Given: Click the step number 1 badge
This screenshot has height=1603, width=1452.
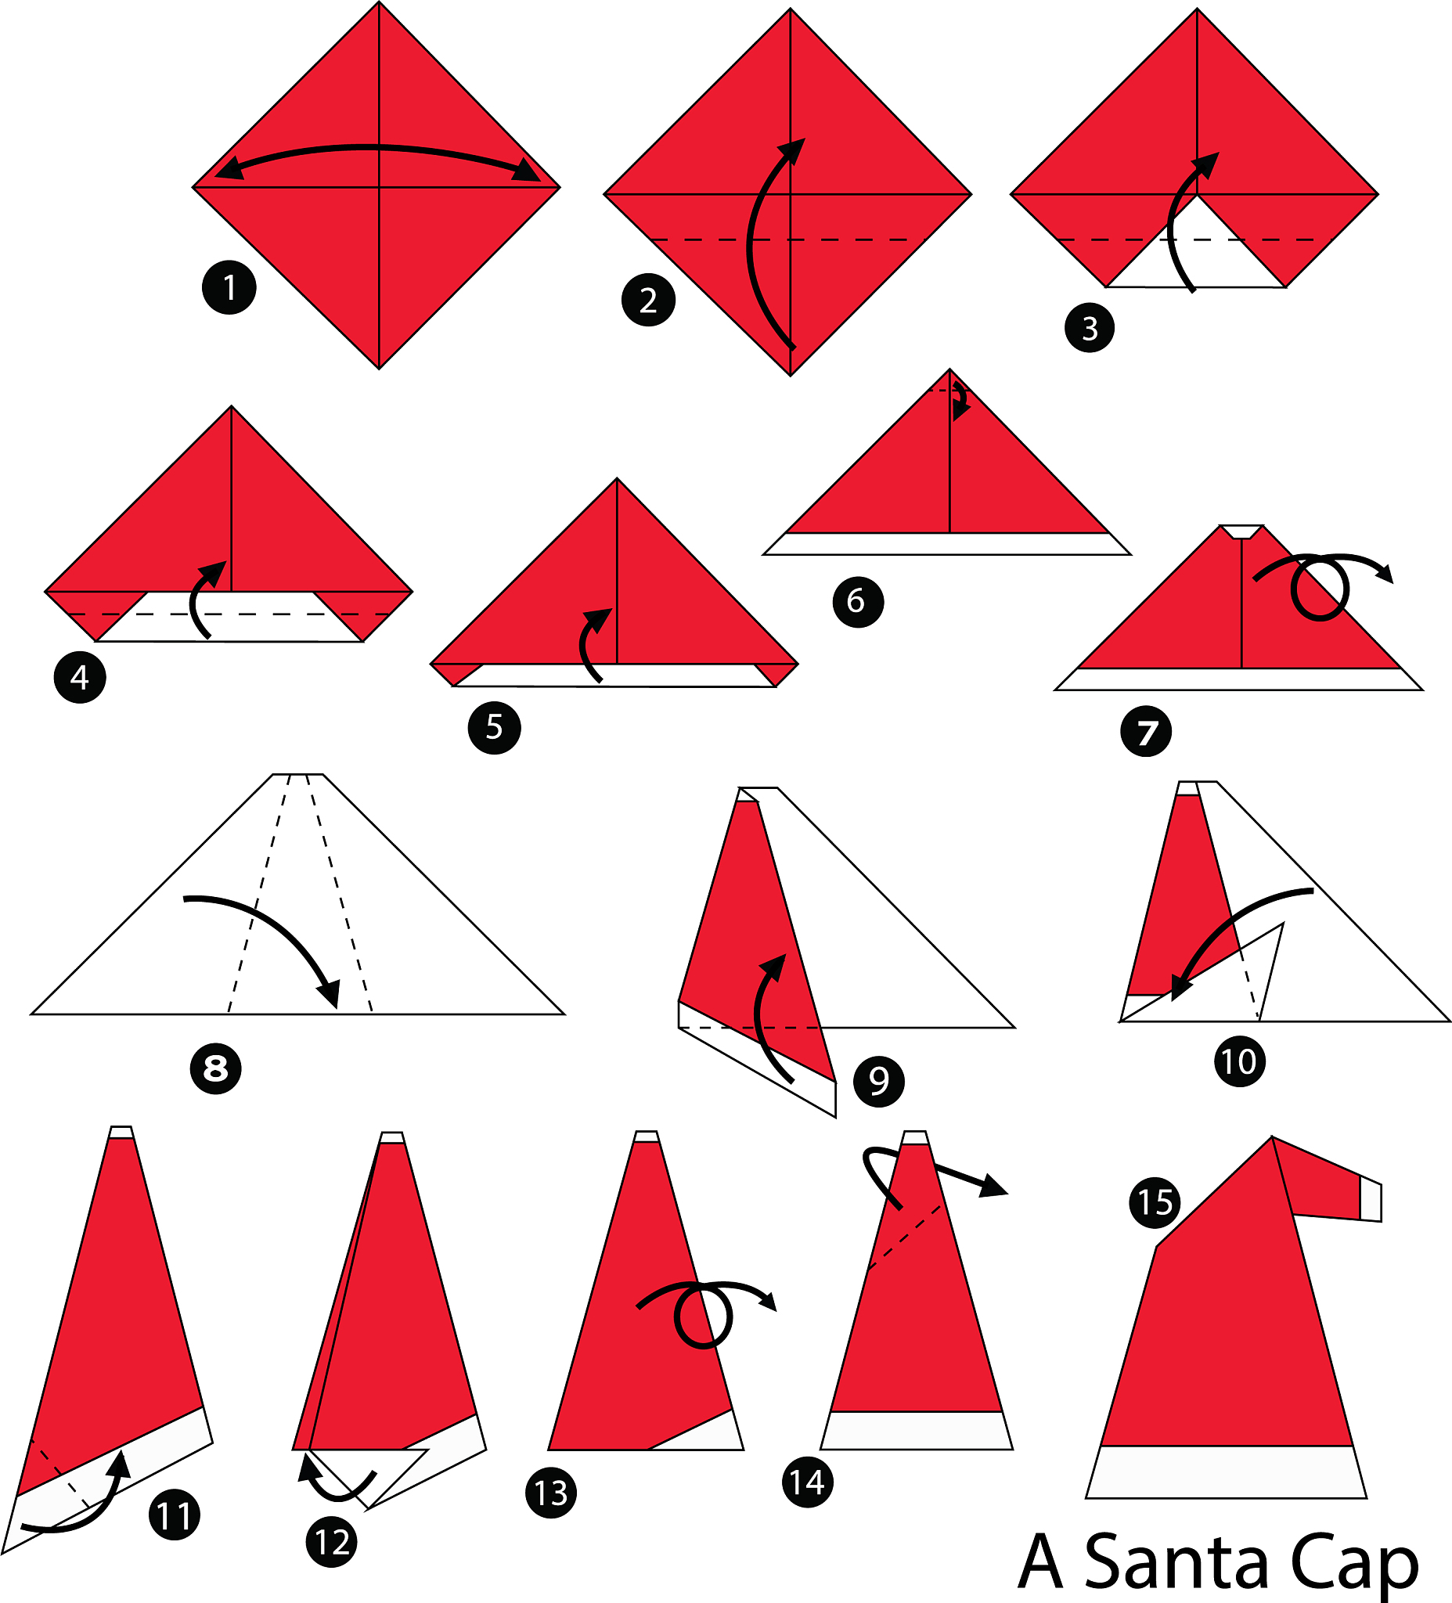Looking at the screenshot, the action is click(229, 287).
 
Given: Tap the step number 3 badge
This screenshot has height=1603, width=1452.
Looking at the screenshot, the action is click(1090, 328).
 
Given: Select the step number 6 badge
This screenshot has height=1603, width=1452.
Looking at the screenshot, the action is click(858, 602).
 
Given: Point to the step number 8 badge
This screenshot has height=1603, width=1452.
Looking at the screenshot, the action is click(215, 1068).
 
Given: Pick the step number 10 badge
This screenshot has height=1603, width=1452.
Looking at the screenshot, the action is click(1239, 1061).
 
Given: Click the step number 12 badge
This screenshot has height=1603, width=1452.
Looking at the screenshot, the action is click(332, 1543).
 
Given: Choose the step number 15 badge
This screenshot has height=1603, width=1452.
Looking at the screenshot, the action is click(1155, 1202).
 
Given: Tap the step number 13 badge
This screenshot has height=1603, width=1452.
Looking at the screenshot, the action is click(551, 1493).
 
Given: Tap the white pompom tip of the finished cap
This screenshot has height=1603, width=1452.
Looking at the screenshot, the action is click(1371, 1201).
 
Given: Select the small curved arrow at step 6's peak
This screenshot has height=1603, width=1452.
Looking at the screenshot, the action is click(960, 400).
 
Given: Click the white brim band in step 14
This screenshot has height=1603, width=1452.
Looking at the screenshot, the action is click(917, 1431).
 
